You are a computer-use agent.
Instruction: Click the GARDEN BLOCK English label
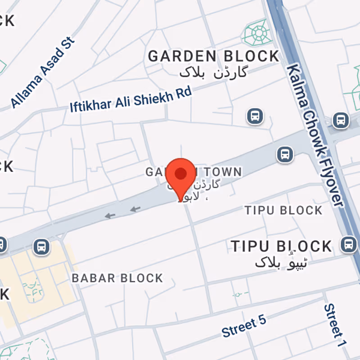pos(214,56)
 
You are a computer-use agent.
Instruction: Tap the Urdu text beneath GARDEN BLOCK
pos(213,72)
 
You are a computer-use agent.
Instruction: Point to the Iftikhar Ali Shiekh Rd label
pos(130,99)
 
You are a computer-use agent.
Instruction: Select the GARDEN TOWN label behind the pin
pos(193,172)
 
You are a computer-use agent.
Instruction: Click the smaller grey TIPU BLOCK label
pos(283,210)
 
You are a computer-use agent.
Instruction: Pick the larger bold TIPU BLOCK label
pos(281,246)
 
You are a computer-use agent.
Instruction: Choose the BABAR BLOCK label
pos(117,278)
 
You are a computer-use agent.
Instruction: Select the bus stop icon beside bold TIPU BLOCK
pos(348,244)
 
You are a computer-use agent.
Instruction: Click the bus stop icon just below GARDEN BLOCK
pos(255,116)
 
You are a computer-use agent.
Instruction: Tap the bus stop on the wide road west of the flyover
pos(284,154)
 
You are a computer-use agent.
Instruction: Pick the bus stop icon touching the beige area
pos(41,247)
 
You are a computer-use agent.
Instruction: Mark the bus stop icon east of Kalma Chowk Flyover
pos(340,120)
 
